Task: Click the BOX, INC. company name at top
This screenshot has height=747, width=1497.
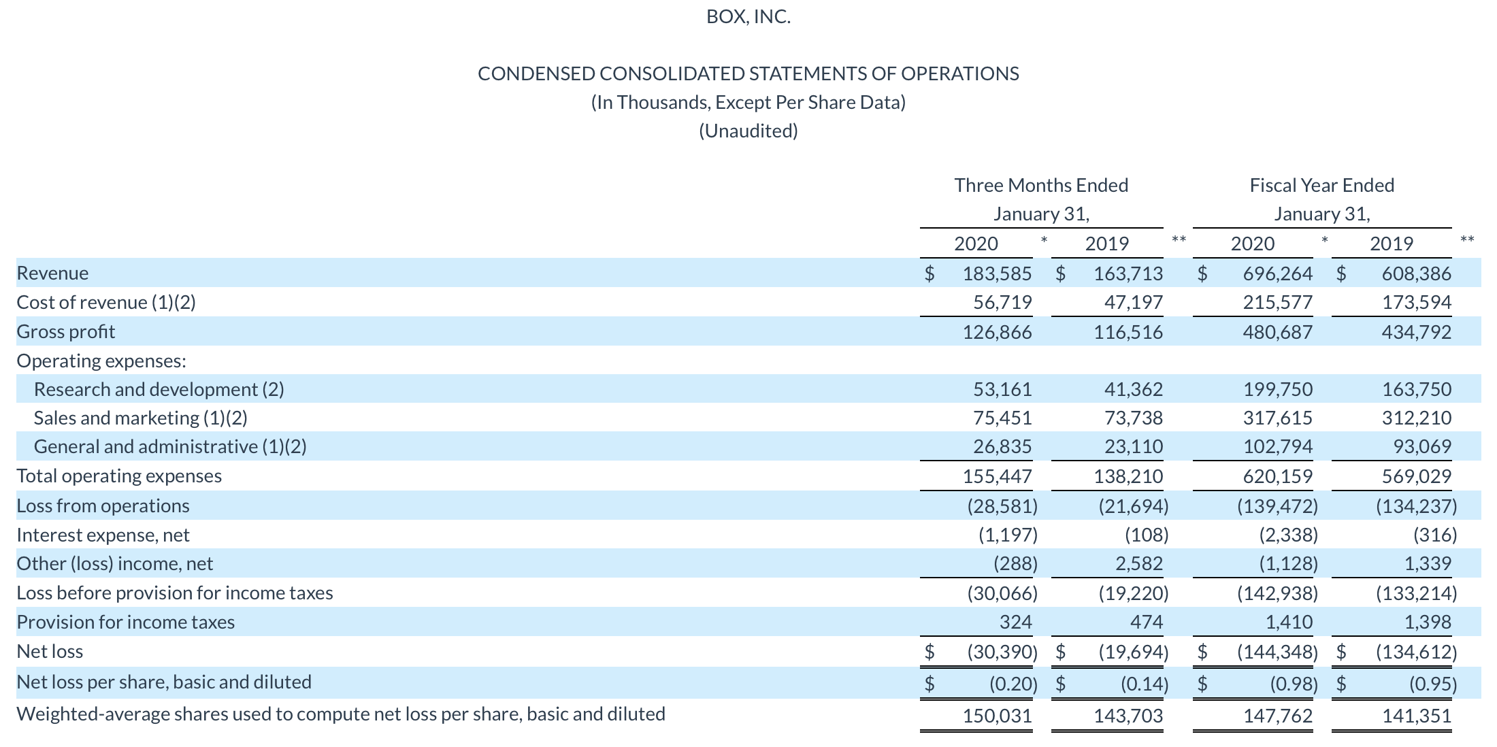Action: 748,16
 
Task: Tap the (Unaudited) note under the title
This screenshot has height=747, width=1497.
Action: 748,131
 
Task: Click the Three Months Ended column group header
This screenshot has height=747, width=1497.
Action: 1041,185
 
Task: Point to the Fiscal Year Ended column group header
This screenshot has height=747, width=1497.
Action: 1321,185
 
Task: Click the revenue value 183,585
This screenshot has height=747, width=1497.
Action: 997,273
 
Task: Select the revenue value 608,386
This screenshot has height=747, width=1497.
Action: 1416,273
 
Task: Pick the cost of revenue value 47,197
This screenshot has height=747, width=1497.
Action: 1133,302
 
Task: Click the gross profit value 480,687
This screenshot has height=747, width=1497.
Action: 1277,332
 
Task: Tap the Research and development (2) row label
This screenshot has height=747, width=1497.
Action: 159,389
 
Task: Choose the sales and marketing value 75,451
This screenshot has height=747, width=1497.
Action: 1002,418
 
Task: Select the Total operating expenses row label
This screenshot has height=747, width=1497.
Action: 119,476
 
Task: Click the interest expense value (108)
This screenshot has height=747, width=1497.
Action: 1147,535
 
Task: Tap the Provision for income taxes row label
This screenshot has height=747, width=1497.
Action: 125,622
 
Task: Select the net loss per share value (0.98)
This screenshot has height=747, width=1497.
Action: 1294,683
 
